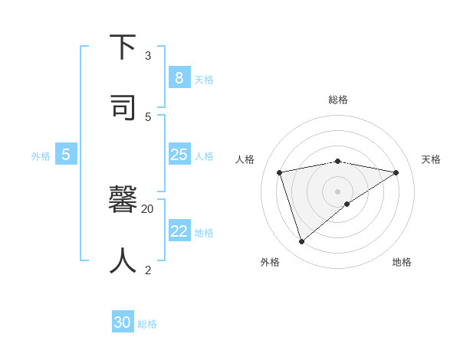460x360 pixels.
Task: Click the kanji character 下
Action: pyautogui.click(x=123, y=47)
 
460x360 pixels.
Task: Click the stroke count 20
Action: pyautogui.click(x=148, y=208)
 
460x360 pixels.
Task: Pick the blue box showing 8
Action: pyautogui.click(x=179, y=77)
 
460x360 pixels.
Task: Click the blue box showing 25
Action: pyautogui.click(x=179, y=155)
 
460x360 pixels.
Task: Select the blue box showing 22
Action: pyautogui.click(x=179, y=231)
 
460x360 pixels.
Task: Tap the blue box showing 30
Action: pyautogui.click(x=123, y=322)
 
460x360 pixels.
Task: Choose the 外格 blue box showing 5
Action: pyautogui.click(x=66, y=155)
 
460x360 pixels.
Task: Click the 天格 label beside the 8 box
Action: pyautogui.click(x=204, y=80)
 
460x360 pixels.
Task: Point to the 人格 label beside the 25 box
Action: pyautogui.click(x=204, y=156)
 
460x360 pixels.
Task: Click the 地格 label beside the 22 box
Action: pyautogui.click(x=204, y=233)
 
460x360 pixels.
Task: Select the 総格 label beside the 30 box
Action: pyautogui.click(x=147, y=324)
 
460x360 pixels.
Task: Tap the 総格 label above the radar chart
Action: pyautogui.click(x=338, y=100)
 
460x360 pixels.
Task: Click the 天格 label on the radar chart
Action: pyautogui.click(x=432, y=159)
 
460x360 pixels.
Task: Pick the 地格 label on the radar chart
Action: pyautogui.click(x=402, y=262)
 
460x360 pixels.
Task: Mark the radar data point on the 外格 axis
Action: pyautogui.click(x=301, y=241)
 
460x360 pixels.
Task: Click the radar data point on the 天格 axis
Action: pyautogui.click(x=396, y=172)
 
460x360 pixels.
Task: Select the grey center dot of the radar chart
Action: pyautogui.click(x=338, y=191)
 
